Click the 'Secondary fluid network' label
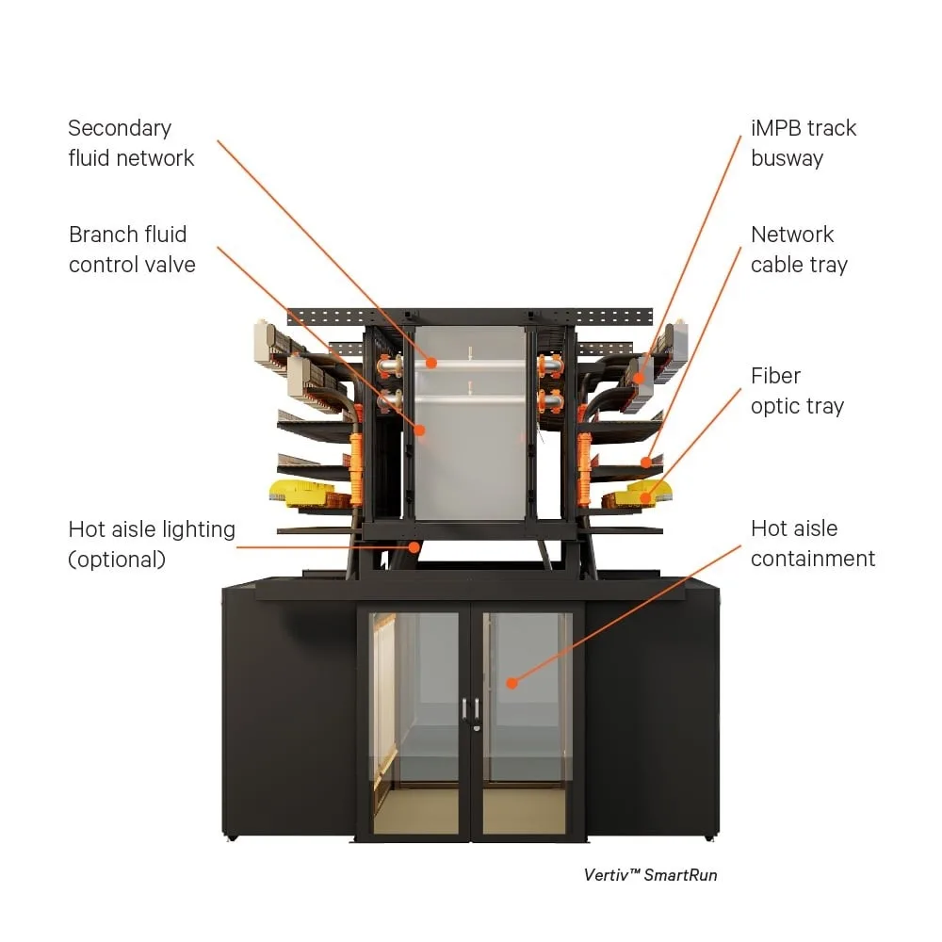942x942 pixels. (131, 143)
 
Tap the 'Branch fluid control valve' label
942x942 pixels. (132, 250)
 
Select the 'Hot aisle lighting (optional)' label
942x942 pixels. (152, 544)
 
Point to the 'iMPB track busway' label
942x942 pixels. (804, 143)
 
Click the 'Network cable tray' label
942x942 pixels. (799, 250)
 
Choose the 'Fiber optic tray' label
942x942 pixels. (797, 391)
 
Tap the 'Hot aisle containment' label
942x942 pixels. (813, 544)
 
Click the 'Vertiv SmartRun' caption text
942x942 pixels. (650, 875)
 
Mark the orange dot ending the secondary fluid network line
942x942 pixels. (430, 362)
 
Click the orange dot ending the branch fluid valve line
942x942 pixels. (420, 430)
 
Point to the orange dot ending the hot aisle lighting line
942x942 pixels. (414, 545)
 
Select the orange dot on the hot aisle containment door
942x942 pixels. (512, 681)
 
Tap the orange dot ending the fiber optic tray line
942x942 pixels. (645, 495)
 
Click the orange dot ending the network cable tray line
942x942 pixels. (645, 462)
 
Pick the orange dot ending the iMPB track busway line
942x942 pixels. (639, 378)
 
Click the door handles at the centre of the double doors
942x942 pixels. (471, 710)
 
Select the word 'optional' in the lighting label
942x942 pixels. (117, 560)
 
